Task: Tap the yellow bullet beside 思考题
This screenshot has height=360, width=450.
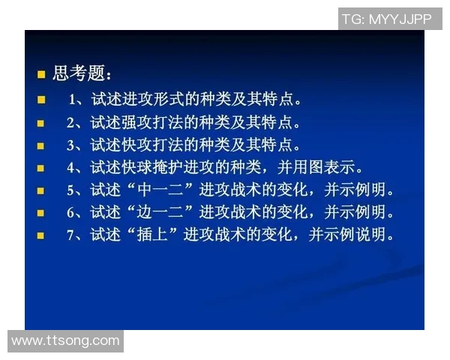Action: click(x=42, y=74)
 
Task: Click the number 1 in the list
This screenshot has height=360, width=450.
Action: click(x=73, y=99)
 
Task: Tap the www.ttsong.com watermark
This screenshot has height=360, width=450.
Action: click(x=65, y=340)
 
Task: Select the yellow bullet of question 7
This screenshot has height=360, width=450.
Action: click(x=41, y=235)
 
